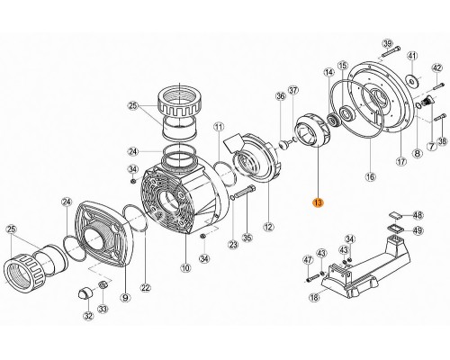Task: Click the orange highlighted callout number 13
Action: [318, 203]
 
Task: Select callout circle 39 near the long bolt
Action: [387, 43]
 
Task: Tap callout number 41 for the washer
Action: [412, 56]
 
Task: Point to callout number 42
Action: [436, 68]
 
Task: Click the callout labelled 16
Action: [371, 176]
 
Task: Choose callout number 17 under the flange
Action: [401, 162]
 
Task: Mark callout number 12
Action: [268, 227]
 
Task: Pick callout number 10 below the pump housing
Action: [185, 268]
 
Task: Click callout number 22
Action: [145, 288]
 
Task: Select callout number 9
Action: [125, 297]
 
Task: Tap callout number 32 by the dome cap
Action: [89, 316]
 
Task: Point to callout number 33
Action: [103, 309]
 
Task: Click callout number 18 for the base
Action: [314, 297]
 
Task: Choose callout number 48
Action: [418, 215]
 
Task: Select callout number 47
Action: [308, 259]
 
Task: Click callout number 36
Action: [281, 96]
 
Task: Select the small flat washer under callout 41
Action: [412, 80]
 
